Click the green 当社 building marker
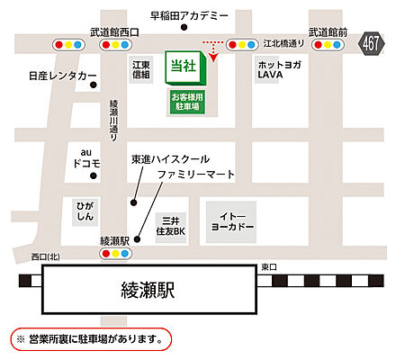(x=186, y=68)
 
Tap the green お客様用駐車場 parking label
(x=187, y=100)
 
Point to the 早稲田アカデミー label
(x=192, y=15)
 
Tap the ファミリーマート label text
(x=196, y=174)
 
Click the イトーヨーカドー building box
(x=230, y=220)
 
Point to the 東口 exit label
(x=269, y=266)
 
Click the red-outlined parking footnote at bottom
(x=90, y=339)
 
